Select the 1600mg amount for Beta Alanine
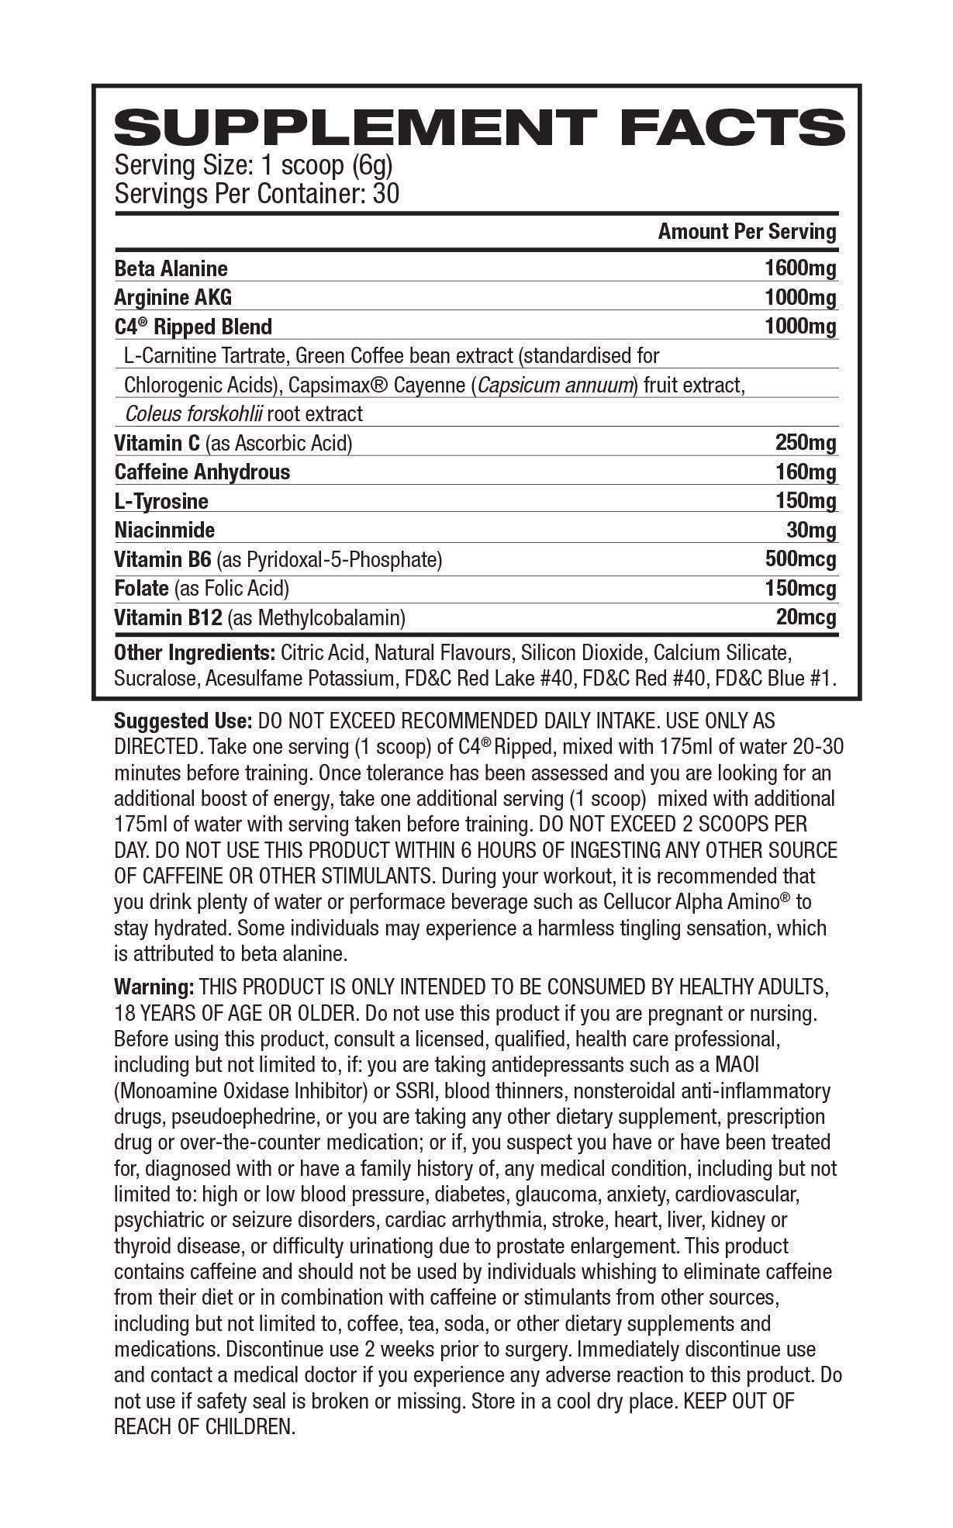click(x=800, y=268)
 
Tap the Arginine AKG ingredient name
click(x=172, y=297)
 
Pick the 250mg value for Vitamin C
click(x=806, y=443)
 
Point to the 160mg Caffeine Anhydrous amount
click(x=806, y=472)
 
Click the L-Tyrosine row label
click(x=161, y=501)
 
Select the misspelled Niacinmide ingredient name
click(x=164, y=530)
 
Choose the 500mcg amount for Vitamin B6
click(x=800, y=559)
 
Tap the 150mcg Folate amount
click(x=800, y=588)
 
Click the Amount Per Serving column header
click(x=747, y=231)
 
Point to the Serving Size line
click(x=254, y=165)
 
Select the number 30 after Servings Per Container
click(x=386, y=193)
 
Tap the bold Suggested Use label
click(x=183, y=721)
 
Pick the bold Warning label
click(x=154, y=987)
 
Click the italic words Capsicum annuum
click(x=554, y=385)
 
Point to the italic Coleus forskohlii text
click(x=192, y=413)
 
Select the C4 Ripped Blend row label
click(x=193, y=327)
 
